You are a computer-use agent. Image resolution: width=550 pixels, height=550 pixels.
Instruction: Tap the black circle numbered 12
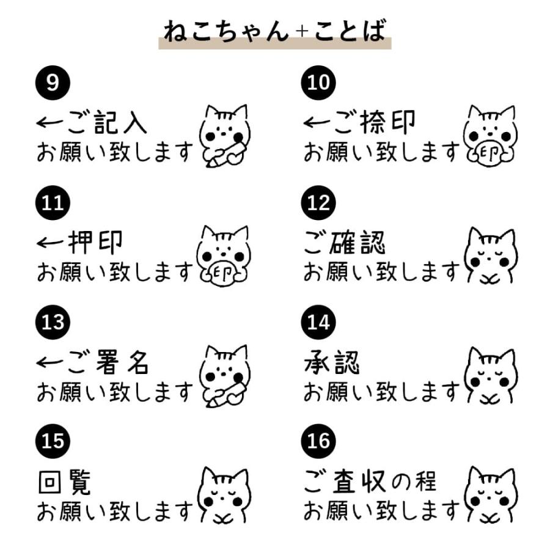(319, 203)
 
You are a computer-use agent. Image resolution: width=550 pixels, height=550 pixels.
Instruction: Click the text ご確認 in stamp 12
(345, 243)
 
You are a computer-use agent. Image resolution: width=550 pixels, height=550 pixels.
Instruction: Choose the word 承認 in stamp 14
(331, 363)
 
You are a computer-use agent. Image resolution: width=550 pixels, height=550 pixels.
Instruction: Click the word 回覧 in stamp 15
(64, 483)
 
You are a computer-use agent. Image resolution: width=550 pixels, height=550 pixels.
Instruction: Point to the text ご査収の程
(370, 483)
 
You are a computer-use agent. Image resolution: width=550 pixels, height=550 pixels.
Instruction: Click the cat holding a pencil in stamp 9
(225, 136)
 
